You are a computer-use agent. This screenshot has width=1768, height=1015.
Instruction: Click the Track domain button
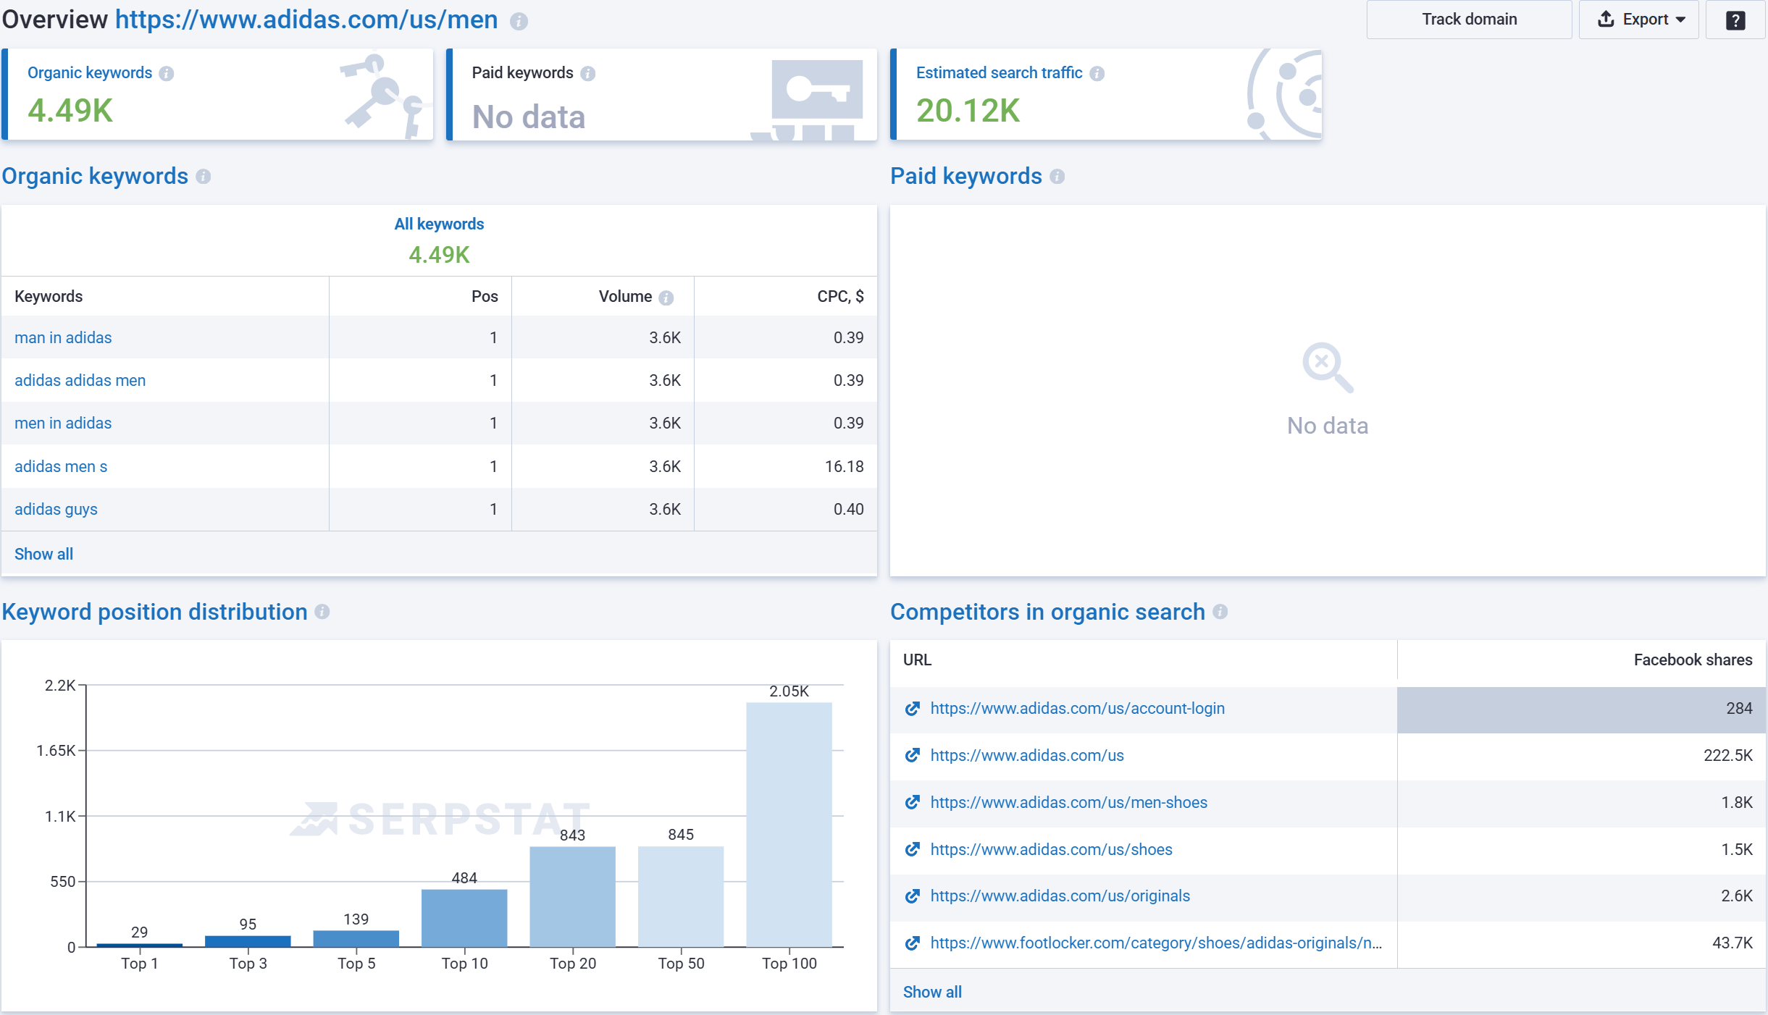1468,20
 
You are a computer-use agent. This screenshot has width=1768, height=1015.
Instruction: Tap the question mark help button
1735,20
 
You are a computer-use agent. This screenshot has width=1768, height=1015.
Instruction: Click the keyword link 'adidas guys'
56,509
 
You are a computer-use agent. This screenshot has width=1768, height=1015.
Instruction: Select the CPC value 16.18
844,466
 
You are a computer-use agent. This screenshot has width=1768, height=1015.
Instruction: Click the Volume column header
625,296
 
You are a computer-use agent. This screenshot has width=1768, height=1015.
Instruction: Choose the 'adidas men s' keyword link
61,466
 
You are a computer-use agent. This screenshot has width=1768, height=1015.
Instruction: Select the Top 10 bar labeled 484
464,917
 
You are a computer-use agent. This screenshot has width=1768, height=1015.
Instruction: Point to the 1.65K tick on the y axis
56,751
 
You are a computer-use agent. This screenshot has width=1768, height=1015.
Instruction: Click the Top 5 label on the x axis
356,964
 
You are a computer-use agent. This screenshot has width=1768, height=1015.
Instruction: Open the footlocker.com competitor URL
1155,943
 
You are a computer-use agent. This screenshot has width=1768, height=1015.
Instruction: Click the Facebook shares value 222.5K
1727,755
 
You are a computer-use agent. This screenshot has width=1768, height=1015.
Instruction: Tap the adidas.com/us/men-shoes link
1068,802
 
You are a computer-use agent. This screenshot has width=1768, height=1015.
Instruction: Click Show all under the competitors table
932,992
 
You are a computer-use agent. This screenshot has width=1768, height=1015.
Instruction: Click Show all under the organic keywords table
43,554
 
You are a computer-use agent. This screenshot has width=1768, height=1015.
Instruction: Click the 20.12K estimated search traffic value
968,111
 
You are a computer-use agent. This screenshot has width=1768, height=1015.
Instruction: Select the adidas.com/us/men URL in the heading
306,20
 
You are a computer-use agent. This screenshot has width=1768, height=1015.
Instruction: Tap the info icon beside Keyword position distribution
322,612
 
